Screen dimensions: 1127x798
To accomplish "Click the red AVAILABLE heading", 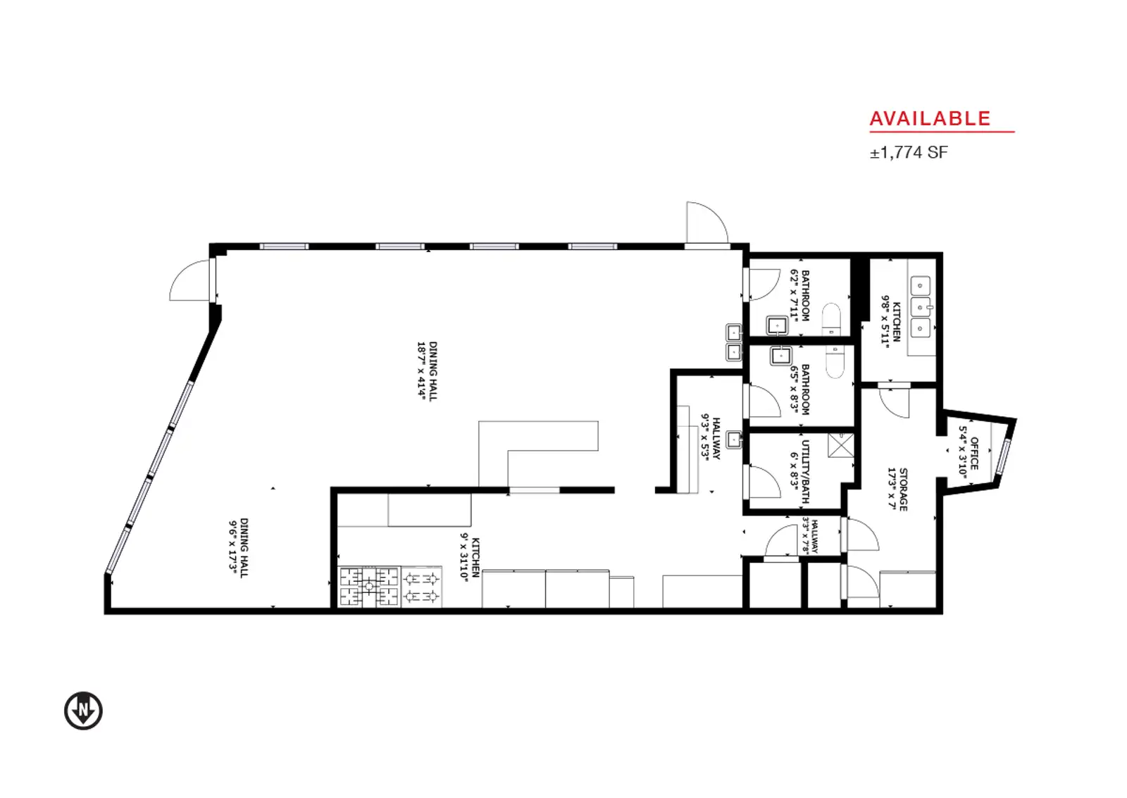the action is [930, 119].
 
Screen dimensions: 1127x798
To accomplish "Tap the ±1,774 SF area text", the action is [909, 152].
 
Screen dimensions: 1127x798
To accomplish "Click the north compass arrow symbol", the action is [84, 711].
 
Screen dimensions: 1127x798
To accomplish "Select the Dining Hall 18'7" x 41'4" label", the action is [427, 371].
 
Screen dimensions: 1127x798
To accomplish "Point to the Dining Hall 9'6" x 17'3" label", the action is [238, 548].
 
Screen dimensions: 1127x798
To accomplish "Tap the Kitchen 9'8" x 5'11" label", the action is [890, 321].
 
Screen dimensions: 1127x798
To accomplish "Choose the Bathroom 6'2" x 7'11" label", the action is [800, 295].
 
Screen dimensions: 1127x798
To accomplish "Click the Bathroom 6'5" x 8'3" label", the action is [799, 389].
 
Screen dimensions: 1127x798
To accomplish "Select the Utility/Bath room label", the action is [800, 465].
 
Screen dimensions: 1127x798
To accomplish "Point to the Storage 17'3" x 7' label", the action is [897, 489].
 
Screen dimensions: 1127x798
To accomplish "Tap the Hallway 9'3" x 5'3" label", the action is [711, 438].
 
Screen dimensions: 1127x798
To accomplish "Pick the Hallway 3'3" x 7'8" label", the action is [810, 536].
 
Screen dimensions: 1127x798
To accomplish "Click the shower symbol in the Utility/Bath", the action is [840, 445].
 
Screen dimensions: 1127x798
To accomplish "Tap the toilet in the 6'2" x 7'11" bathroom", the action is [830, 319].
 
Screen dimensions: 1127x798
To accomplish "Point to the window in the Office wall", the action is [1003, 457].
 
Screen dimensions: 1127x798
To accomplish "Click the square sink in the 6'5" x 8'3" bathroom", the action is [780, 356].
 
